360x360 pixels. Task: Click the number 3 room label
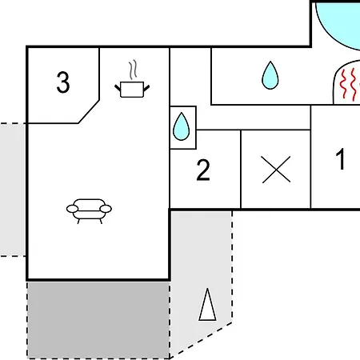[63, 82]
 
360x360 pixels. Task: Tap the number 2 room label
[203, 170]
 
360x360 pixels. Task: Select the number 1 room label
[341, 159]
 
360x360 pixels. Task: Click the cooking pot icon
[132, 90]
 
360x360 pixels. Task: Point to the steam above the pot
[133, 70]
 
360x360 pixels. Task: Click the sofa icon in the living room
[89, 211]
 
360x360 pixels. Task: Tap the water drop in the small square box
[182, 126]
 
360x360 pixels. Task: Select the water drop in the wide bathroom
[270, 75]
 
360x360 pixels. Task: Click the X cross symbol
[276, 170]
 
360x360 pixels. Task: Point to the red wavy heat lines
[352, 84]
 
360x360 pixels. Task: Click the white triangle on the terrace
[207, 305]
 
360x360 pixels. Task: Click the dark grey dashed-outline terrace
[98, 320]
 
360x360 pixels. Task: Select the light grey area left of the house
[13, 190]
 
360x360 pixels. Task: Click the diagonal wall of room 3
[89, 112]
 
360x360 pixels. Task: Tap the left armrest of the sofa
[72, 209]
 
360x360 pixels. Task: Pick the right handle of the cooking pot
[146, 88]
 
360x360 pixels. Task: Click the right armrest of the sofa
[106, 209]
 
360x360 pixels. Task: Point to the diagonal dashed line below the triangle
[201, 340]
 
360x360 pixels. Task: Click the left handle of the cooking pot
[118, 88]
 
